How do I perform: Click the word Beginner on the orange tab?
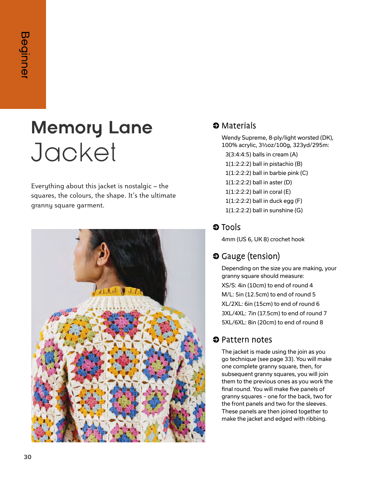click(x=25, y=55)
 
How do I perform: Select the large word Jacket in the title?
click(x=74, y=153)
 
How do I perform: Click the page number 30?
click(x=28, y=457)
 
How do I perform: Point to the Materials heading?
click(x=239, y=126)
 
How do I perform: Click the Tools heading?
click(x=231, y=227)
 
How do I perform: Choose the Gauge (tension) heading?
click(x=251, y=256)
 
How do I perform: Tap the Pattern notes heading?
click(x=247, y=340)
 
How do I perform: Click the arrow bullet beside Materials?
click(x=216, y=126)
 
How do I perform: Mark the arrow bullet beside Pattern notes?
click(x=216, y=340)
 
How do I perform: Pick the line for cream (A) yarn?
click(x=261, y=154)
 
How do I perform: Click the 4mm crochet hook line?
click(x=263, y=239)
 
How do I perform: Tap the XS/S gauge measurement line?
click(x=267, y=285)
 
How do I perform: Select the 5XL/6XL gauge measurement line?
click(x=272, y=322)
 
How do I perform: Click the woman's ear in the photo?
click(x=103, y=255)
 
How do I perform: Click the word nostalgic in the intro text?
click(x=135, y=186)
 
